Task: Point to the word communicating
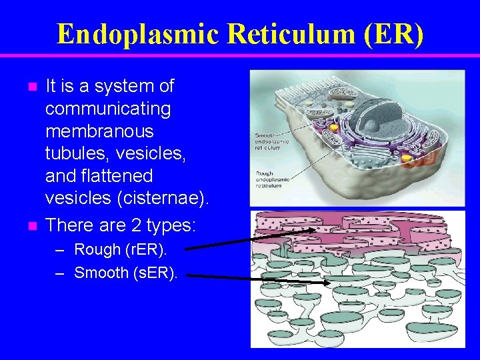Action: click(108, 109)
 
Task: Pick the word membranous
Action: click(99, 131)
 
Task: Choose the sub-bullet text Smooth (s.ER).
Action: click(126, 273)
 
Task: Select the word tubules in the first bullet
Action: click(73, 154)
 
